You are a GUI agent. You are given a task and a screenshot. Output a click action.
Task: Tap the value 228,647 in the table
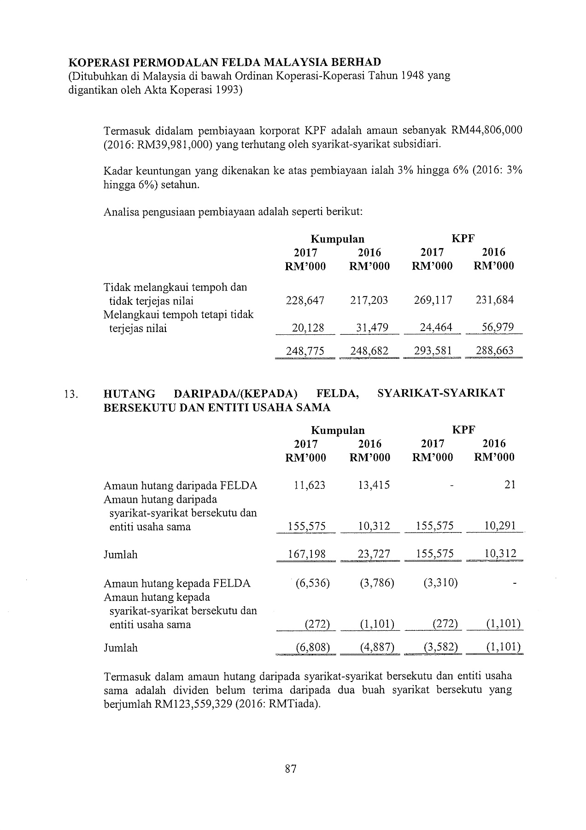[x=305, y=301]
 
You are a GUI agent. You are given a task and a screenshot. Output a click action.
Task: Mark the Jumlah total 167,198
[x=306, y=554]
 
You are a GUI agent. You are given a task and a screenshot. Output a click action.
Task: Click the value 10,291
[x=500, y=526]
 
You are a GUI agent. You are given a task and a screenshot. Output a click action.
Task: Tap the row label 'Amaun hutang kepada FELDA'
[x=177, y=583]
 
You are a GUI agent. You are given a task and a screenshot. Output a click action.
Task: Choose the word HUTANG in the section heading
[x=129, y=393]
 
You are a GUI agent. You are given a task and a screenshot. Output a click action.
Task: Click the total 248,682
[x=369, y=351]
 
